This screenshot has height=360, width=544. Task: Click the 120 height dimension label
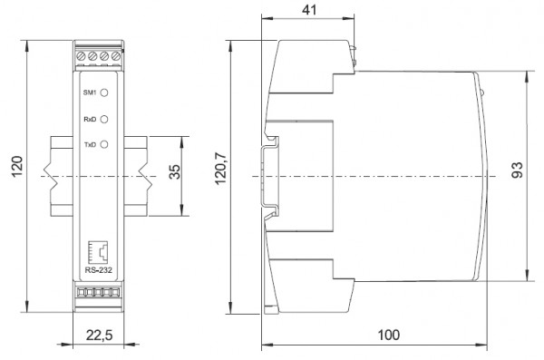tap(17, 166)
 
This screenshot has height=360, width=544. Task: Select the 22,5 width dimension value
tap(99, 336)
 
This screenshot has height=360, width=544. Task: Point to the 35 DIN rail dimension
tap(175, 171)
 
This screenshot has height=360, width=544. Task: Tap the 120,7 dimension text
tap(220, 169)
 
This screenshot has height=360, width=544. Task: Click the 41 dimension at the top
tap(309, 10)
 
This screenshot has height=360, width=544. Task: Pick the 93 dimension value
tap(518, 170)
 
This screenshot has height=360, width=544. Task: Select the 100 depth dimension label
tap(389, 335)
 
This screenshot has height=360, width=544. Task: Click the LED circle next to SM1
tap(103, 92)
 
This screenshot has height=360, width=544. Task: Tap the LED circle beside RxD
tap(103, 119)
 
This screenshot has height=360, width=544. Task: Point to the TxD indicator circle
tap(103, 144)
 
